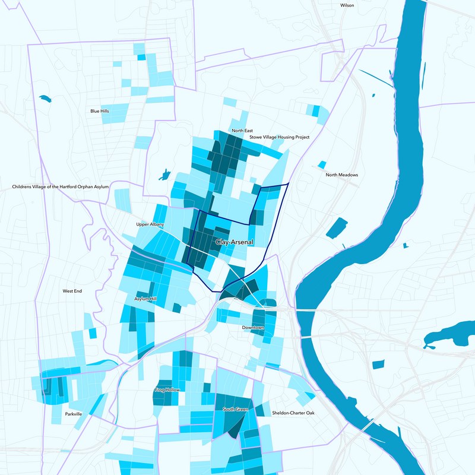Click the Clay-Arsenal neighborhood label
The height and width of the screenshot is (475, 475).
coord(235,242)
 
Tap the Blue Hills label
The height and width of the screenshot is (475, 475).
coord(100,111)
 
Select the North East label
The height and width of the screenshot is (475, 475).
coord(242,131)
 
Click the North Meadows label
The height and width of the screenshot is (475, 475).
coord(342,175)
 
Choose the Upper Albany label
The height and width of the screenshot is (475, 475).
coord(150,225)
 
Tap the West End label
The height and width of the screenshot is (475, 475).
coord(72,291)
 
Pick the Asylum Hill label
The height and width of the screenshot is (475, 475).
coord(145,299)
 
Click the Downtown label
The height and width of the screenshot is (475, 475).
coord(253,328)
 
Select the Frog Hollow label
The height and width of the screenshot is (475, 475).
coord(166,390)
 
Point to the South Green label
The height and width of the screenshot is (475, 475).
coord(235,409)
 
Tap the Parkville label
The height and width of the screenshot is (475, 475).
coord(74,414)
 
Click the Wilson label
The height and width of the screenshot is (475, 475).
coord(347,5)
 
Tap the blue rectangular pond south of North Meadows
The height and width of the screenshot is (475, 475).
coord(337,229)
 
